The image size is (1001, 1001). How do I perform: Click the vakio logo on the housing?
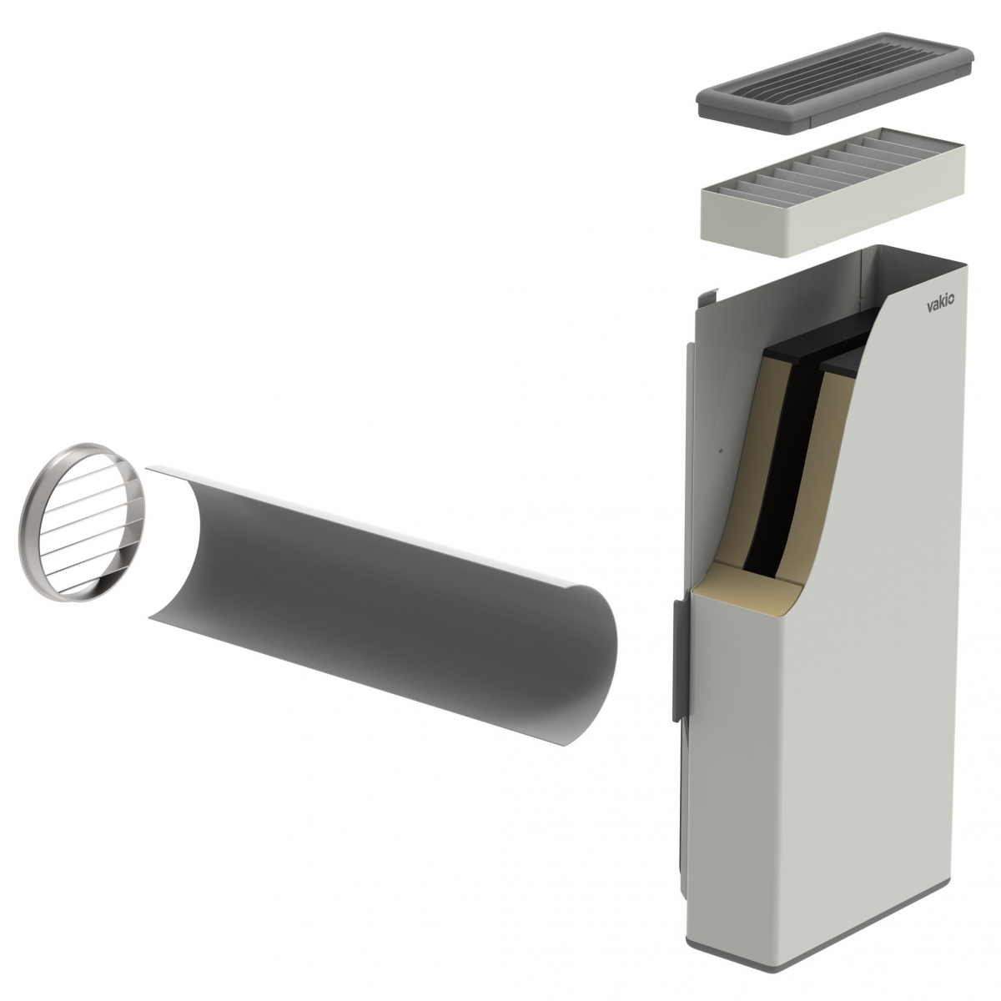point(940,306)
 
